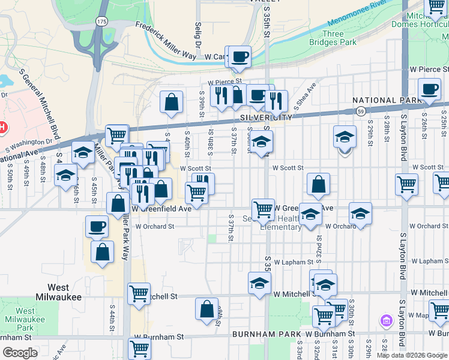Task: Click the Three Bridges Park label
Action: (333, 38)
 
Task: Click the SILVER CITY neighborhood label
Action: (265, 118)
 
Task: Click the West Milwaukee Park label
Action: (25, 319)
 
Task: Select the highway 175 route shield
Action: (101, 21)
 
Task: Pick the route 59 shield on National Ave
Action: (360, 112)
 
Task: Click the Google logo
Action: (20, 353)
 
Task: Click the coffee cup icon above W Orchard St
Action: (97, 227)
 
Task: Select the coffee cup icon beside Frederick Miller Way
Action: (240, 56)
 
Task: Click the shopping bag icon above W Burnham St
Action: (206, 309)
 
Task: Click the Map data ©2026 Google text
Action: (412, 355)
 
